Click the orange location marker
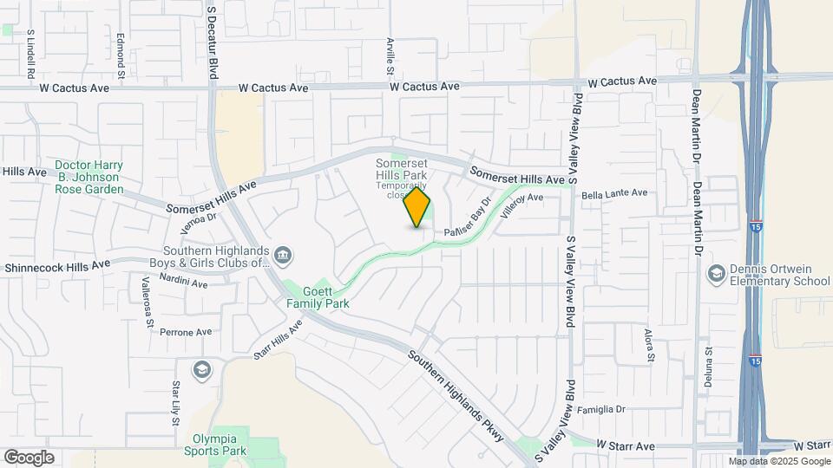[x=417, y=207]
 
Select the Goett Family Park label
[x=318, y=298]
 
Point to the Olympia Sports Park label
[x=215, y=445]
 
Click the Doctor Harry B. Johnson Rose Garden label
[x=89, y=177]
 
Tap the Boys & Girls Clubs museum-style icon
[x=283, y=256]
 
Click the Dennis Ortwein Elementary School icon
[x=716, y=274]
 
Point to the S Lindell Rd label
[x=30, y=48]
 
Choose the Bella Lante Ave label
[x=614, y=194]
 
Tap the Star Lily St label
[x=175, y=402]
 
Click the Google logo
[x=29, y=458]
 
